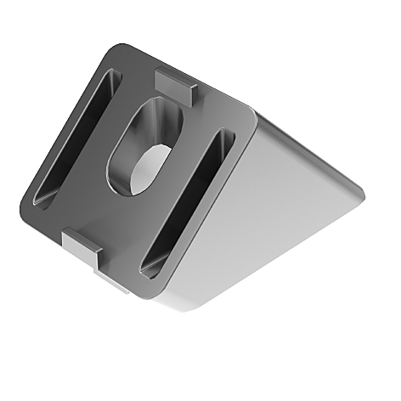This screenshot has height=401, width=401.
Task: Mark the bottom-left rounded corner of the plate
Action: [x=25, y=204]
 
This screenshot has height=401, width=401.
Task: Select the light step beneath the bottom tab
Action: [x=110, y=280]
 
